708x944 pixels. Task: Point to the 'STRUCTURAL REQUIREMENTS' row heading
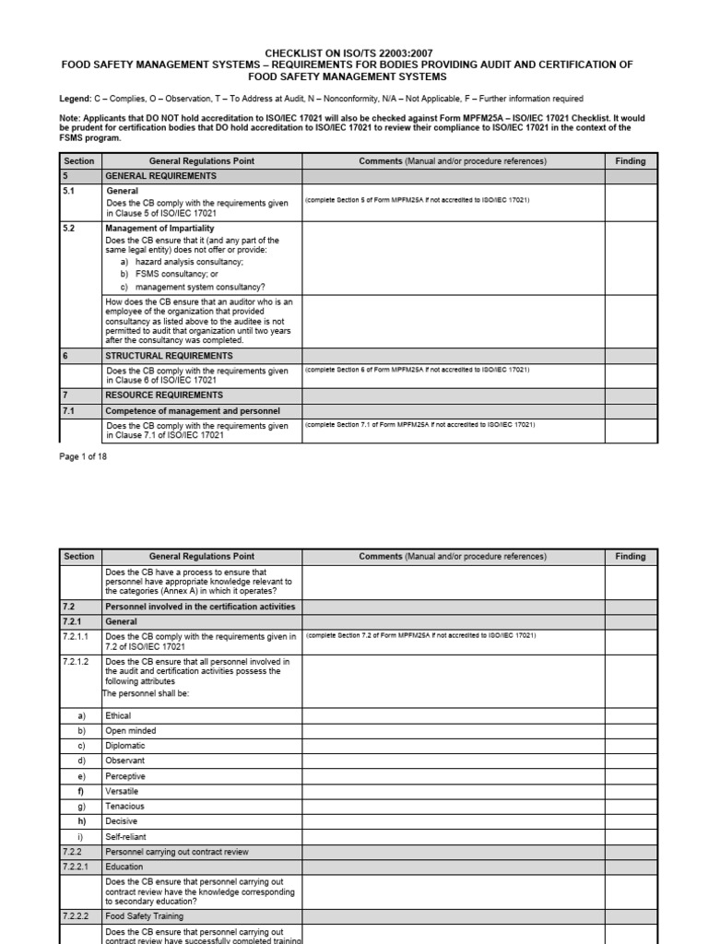(169, 356)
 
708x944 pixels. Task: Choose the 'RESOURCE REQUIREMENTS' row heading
(164, 395)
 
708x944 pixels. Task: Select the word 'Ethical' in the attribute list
(119, 715)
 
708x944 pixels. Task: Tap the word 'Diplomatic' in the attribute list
(125, 746)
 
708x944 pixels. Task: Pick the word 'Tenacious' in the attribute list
(125, 807)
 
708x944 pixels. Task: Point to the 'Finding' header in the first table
(631, 161)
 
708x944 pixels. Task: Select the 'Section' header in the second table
(79, 557)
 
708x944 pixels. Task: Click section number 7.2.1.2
(76, 661)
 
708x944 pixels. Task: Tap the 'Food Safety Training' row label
(145, 916)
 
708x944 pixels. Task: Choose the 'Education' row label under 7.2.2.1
(125, 867)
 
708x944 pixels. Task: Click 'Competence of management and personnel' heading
(193, 410)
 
